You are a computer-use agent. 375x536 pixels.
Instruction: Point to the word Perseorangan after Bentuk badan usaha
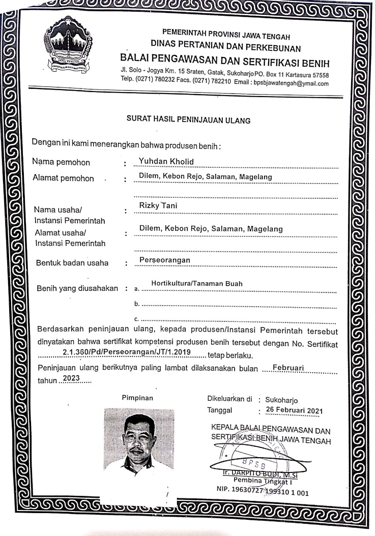pyautogui.click(x=164, y=260)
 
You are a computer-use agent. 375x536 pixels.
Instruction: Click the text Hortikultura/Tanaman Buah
pyautogui.click(x=197, y=284)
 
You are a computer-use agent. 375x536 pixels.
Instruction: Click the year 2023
pyautogui.click(x=73, y=379)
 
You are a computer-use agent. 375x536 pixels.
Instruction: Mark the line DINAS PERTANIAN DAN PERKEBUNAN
pyautogui.click(x=225, y=49)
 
